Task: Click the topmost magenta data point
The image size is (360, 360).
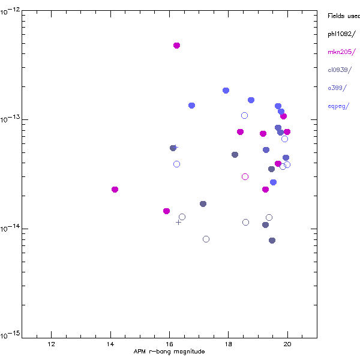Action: (176, 46)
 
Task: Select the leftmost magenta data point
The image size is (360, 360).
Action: (115, 190)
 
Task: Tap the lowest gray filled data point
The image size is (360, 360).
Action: (272, 241)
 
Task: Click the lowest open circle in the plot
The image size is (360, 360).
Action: (206, 239)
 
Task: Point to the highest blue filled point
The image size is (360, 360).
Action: (226, 91)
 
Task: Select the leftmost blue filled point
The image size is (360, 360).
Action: (191, 106)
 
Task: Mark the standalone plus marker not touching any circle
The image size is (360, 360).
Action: (178, 222)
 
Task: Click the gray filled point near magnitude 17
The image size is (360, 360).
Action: (203, 204)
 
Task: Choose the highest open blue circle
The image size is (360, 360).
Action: (244, 116)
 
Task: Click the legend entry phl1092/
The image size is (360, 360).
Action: (341, 34)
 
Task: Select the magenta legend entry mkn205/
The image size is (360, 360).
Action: (341, 52)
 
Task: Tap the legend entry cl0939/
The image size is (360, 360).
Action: (341, 70)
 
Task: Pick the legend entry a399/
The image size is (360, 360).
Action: (337, 88)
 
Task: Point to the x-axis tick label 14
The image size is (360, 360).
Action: (110, 344)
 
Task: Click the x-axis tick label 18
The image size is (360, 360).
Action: (228, 344)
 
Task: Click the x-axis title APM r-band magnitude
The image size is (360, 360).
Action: (169, 352)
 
